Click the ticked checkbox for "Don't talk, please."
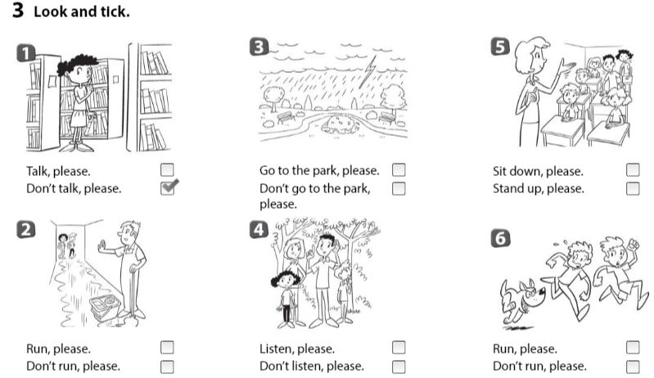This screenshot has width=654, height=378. [x=168, y=189]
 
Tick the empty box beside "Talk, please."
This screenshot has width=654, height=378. [x=167, y=170]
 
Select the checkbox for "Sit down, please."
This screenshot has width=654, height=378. [x=633, y=170]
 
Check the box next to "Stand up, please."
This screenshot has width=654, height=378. [x=633, y=189]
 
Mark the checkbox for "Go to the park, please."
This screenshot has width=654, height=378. [x=399, y=170]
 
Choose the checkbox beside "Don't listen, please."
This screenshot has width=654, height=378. [x=399, y=366]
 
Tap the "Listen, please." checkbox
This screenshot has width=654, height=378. [x=399, y=348]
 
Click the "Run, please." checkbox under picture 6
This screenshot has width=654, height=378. [x=633, y=348]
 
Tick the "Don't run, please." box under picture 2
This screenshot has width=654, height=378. [x=167, y=366]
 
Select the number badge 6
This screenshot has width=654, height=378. [x=499, y=238]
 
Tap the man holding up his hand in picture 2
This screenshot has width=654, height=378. [x=127, y=266]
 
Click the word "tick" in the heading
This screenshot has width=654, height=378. [x=112, y=13]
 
